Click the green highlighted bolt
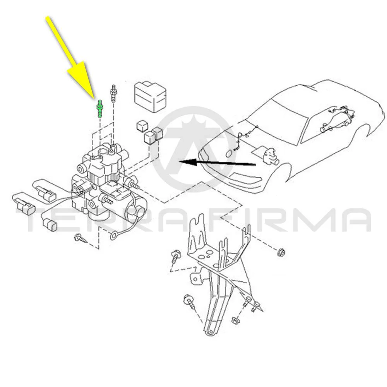pos(100,109)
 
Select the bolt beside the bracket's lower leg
pos(189,301)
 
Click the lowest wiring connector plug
pos(50,225)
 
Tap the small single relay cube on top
pos(142,126)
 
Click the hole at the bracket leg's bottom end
pos(210,332)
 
